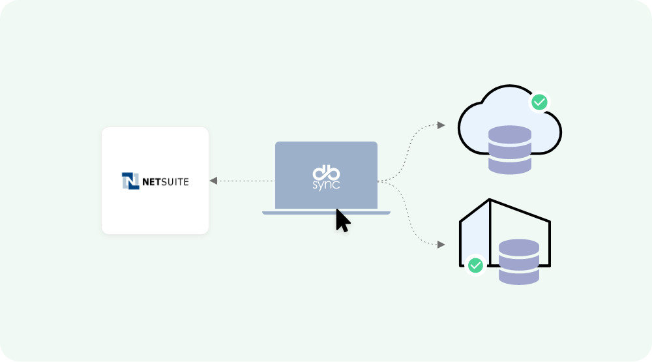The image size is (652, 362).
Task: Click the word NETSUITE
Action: point(166,182)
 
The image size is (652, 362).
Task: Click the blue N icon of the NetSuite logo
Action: point(130,181)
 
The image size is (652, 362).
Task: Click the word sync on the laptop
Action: point(326,185)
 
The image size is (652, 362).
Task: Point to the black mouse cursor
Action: point(341,221)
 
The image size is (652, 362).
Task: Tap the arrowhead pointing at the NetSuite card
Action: point(213,181)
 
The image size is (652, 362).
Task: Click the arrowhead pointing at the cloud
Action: point(441,125)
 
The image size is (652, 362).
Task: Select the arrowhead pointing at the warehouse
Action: point(441,245)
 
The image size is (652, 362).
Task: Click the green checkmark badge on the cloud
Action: point(539,102)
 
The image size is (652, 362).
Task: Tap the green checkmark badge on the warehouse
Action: point(476,265)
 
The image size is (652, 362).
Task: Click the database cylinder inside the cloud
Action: point(510,151)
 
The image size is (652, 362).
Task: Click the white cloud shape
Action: point(482,117)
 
